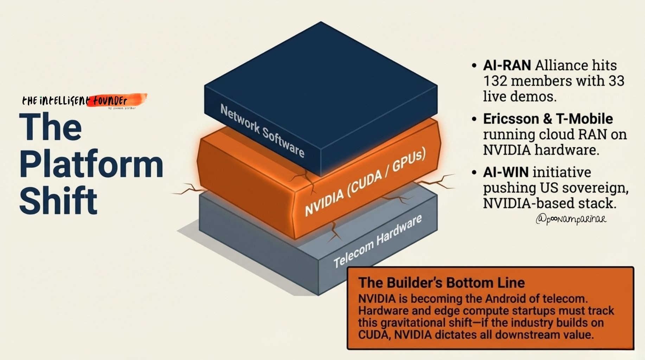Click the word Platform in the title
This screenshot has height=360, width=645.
pyautogui.click(x=91, y=165)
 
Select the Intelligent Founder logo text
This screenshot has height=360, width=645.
pyautogui.click(x=75, y=101)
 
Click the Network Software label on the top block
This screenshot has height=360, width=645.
pyautogui.click(x=262, y=130)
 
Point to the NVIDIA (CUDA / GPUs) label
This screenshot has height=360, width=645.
pyautogui.click(x=365, y=182)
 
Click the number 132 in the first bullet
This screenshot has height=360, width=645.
pyautogui.click(x=495, y=81)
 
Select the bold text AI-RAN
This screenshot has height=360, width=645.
pyautogui.click(x=507, y=65)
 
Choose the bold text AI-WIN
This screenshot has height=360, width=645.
pyautogui.click(x=506, y=172)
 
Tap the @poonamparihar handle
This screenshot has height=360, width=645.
pyautogui.click(x=571, y=219)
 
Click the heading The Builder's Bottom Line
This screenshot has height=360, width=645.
pyautogui.click(x=441, y=283)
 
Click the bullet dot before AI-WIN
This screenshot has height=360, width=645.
pyautogui.click(x=474, y=173)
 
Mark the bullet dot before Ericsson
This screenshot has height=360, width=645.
pyautogui.click(x=474, y=119)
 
